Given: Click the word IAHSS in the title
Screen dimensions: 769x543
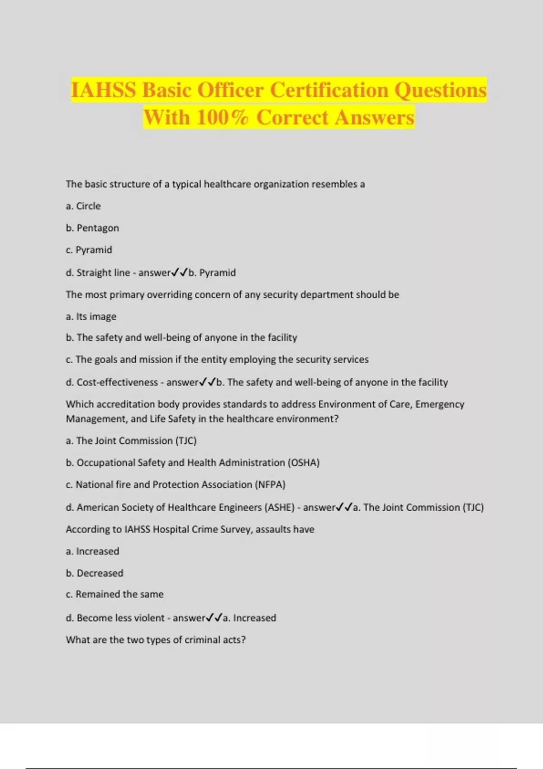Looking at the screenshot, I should click(x=104, y=90).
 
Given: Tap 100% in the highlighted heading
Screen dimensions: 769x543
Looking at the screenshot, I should click(x=222, y=118).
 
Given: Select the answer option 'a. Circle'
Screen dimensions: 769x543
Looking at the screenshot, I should click(x=83, y=206).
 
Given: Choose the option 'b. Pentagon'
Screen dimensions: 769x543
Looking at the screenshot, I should click(x=92, y=228).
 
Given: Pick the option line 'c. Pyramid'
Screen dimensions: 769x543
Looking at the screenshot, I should click(x=89, y=250).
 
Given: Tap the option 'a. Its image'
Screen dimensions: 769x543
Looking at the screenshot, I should click(x=91, y=317).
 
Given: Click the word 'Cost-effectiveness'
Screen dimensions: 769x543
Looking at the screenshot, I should click(x=117, y=382).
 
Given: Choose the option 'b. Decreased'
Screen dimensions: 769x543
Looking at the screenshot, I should click(x=95, y=573).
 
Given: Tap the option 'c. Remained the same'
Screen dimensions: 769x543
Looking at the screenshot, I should click(x=114, y=594).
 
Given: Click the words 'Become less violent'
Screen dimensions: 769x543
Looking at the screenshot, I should click(x=120, y=618).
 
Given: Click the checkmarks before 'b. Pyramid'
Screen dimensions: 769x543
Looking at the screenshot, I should click(x=180, y=273).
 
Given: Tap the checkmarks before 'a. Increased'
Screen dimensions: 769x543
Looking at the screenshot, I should click(x=214, y=618).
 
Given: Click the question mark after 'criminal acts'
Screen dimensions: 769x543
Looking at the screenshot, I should click(x=243, y=640).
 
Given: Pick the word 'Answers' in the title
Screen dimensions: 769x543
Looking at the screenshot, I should click(x=375, y=118).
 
